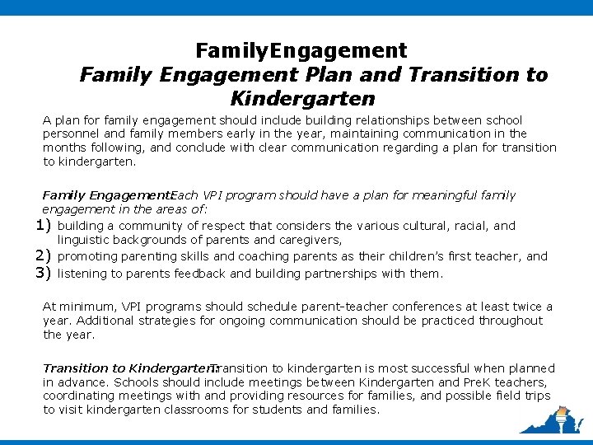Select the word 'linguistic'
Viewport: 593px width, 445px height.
pyautogui.click(x=86, y=241)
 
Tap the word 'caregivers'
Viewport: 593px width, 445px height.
pyautogui.click(x=309, y=241)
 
